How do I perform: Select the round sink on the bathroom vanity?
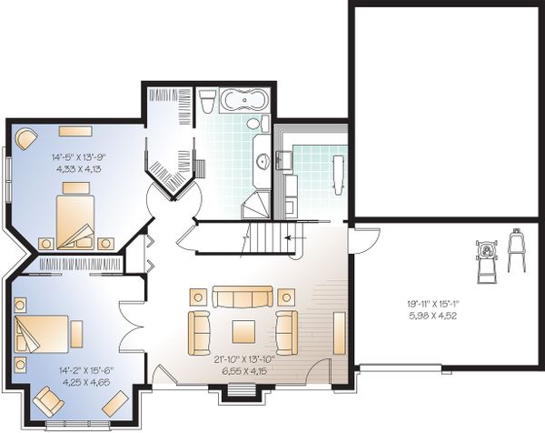coord(262,162)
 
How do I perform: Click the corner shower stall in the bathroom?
coord(259,205)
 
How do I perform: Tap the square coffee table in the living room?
coord(243,328)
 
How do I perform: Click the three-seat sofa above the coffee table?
coord(242,297)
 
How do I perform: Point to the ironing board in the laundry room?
coord(338,173)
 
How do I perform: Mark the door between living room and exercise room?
coord(363,242)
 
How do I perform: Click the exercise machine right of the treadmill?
coord(517,251)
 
